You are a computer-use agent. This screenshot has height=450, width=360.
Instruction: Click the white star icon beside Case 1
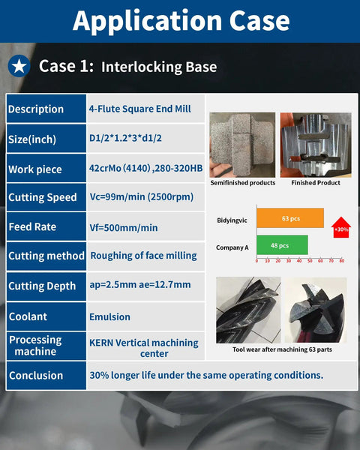pos(19,66)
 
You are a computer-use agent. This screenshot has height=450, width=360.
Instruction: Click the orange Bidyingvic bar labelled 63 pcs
pos(290,218)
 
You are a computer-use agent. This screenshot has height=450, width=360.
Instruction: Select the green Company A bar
pos(282,245)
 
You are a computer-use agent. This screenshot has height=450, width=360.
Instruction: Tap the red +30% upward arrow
pos(341,227)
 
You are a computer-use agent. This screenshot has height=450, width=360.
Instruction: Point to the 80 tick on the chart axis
pos(342,260)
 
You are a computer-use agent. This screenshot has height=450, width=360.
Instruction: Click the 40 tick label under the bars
pos(299,260)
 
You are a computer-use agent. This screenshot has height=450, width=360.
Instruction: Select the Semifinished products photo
pos(242,145)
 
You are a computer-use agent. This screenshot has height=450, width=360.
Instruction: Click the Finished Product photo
pos(316,145)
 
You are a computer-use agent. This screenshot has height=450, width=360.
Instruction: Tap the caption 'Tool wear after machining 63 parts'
pos(282,349)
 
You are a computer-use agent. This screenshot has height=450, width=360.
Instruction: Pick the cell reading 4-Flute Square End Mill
pos(139,109)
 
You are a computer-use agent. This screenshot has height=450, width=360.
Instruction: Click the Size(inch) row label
pos(32,139)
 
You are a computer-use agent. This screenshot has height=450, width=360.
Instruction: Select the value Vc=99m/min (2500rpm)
pos(142,197)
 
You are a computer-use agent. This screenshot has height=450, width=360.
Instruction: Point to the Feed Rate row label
pos(32,226)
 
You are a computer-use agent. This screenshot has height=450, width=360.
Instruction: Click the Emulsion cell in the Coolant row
pos(109,316)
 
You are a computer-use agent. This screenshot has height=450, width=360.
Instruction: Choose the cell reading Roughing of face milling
pos(143,256)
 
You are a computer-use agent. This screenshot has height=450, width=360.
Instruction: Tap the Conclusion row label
pos(36,376)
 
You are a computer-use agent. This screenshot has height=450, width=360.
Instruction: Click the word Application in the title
pos(147,21)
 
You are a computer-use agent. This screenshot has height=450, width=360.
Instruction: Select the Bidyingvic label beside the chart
pos(232,220)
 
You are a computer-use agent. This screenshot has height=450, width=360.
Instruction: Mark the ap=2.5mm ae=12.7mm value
pos(140,285)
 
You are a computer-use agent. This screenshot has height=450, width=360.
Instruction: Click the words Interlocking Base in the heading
pos(159,67)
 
